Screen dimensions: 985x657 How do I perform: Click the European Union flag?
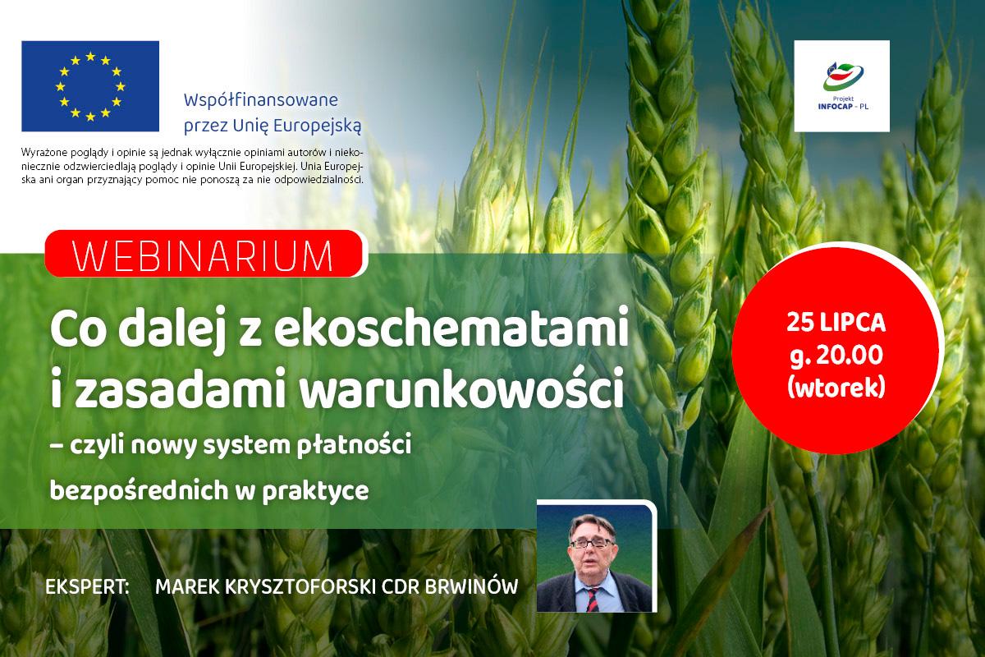[x=90, y=86]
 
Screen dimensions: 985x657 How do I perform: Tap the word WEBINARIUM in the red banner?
[x=203, y=256]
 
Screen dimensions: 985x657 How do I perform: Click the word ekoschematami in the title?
[x=451, y=328]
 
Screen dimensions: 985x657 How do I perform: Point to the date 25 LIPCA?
[x=836, y=323]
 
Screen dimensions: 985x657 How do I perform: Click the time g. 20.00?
[x=836, y=356]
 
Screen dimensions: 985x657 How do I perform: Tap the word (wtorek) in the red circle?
[x=836, y=388]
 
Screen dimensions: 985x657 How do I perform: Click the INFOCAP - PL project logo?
[x=842, y=86]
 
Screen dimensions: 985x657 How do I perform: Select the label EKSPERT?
[x=88, y=587]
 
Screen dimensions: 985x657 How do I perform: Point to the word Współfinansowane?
[x=261, y=100]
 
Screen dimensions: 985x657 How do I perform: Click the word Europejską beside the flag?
[x=317, y=126]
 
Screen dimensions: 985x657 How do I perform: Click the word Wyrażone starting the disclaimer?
[x=42, y=153]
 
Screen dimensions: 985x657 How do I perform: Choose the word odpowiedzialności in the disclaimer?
[x=318, y=180]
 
